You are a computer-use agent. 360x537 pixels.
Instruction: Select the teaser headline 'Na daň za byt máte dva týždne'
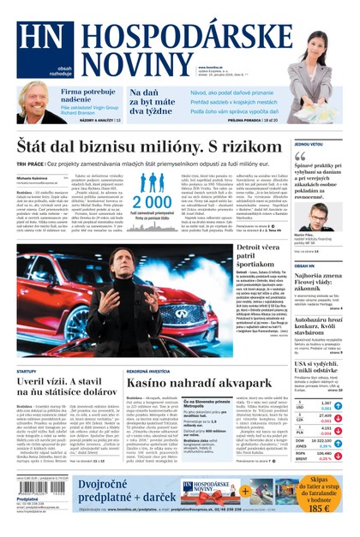[151, 102]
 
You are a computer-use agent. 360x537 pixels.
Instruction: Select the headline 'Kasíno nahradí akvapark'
[199, 385]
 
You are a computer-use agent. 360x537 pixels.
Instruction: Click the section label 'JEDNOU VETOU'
[309, 145]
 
